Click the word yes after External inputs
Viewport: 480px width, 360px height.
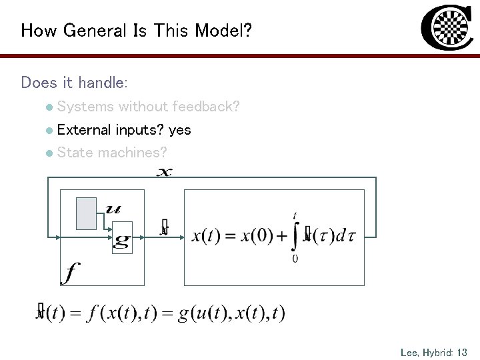(180, 130)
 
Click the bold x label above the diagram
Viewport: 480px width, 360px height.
(165, 173)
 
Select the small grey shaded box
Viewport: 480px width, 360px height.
(87, 213)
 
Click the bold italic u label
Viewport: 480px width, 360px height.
(114, 209)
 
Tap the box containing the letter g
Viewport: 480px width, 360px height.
(121, 237)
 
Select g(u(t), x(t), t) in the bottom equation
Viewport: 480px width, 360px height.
(231, 312)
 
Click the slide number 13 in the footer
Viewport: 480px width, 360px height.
(463, 352)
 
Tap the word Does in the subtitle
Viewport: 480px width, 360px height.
(37, 83)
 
